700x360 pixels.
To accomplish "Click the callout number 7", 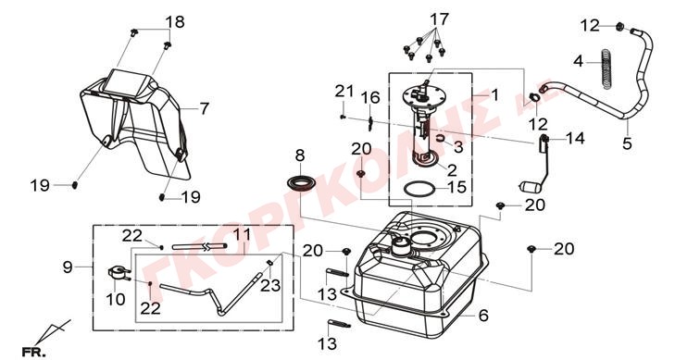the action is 204,108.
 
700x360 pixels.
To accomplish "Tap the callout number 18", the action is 175,22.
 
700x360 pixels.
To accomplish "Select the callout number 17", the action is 439,19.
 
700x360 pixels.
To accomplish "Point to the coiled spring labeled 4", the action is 606,68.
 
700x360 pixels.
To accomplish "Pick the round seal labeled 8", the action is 300,183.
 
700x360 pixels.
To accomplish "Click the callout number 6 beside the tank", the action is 483,316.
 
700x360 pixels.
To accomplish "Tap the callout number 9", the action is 68,267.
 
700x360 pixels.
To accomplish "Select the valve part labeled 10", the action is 118,273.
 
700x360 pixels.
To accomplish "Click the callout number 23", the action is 270,285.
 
